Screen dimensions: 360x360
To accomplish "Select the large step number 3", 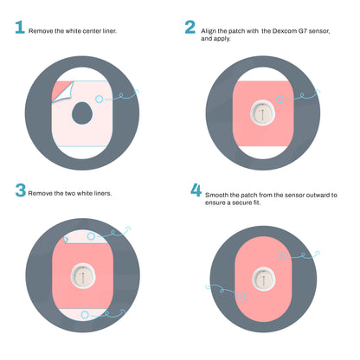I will coord(18,190).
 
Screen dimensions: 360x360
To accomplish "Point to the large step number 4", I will coord(196,190).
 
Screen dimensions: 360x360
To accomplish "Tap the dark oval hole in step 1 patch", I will coord(83,112).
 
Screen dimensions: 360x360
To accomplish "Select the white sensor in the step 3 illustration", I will coord(84,275).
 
